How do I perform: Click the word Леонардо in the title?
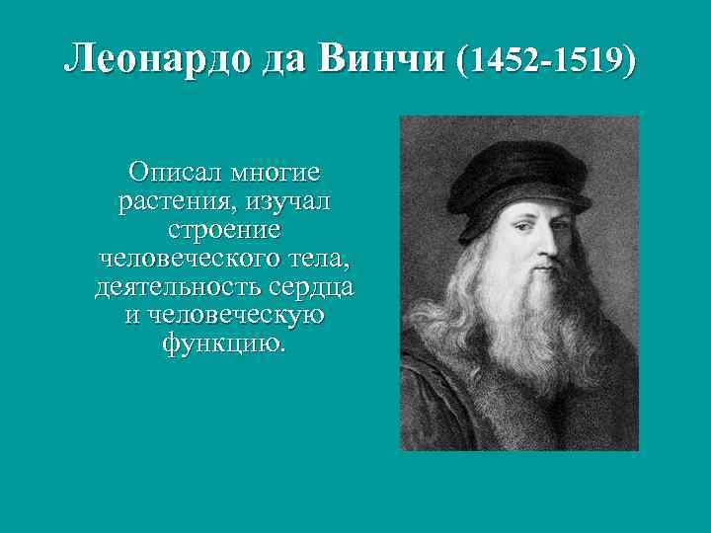click(x=158, y=61)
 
